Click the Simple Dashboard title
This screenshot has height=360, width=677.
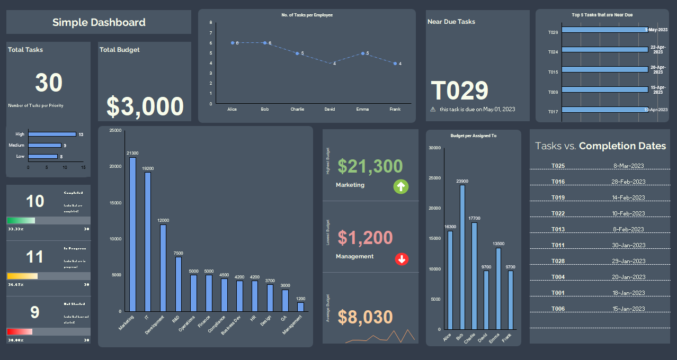click(99, 22)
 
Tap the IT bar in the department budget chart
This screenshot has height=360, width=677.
click(148, 241)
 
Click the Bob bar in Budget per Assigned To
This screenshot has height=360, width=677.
click(462, 257)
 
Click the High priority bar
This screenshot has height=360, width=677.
click(52, 134)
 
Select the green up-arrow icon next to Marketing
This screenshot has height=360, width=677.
click(401, 186)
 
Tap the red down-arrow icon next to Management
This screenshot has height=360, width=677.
click(402, 259)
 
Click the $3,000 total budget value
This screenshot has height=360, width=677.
click(145, 106)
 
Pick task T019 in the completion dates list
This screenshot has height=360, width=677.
click(558, 197)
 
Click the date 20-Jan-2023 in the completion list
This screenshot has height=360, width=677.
click(629, 277)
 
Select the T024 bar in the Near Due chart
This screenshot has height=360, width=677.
click(604, 50)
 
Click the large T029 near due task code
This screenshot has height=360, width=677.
click(459, 91)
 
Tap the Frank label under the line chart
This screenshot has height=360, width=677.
click(395, 109)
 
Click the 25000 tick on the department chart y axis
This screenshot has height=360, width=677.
click(115, 130)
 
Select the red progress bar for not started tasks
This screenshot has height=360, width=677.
click(20, 331)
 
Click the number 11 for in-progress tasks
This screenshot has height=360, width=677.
click(35, 257)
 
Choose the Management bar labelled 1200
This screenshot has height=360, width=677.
click(301, 307)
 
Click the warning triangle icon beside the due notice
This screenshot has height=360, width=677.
click(433, 109)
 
